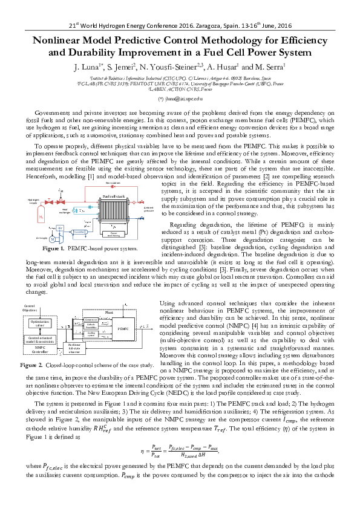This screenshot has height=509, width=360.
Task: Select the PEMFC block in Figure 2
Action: pos(123,328)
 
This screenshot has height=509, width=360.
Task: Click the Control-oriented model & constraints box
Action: pos(40,340)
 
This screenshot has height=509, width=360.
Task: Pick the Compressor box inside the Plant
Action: pos(91,319)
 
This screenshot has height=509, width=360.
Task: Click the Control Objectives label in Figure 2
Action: pos(29,308)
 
